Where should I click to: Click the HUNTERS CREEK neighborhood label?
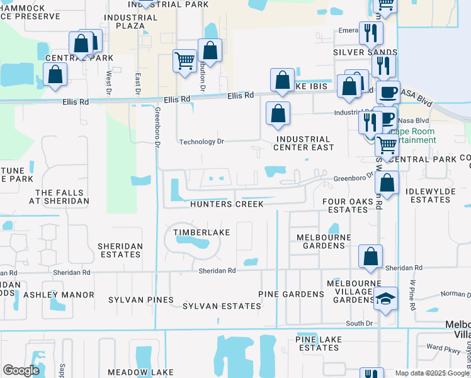tap(227, 204)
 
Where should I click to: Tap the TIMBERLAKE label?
tap(201, 232)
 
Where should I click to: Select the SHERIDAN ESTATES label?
tap(120, 250)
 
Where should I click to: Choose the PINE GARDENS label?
tap(291, 294)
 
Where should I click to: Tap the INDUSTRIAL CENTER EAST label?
tap(303, 143)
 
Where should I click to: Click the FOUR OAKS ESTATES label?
tap(344, 205)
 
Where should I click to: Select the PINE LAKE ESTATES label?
tap(319, 343)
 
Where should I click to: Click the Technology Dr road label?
tap(201, 142)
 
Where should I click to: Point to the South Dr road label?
tap(360, 323)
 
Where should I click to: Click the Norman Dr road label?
tap(455, 294)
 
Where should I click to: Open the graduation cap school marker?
tap(385, 299)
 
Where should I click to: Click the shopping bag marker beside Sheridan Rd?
tap(370, 255)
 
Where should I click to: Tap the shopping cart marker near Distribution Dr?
tap(184, 60)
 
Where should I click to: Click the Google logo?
tap(21, 370)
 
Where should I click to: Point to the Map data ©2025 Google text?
tap(431, 373)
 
